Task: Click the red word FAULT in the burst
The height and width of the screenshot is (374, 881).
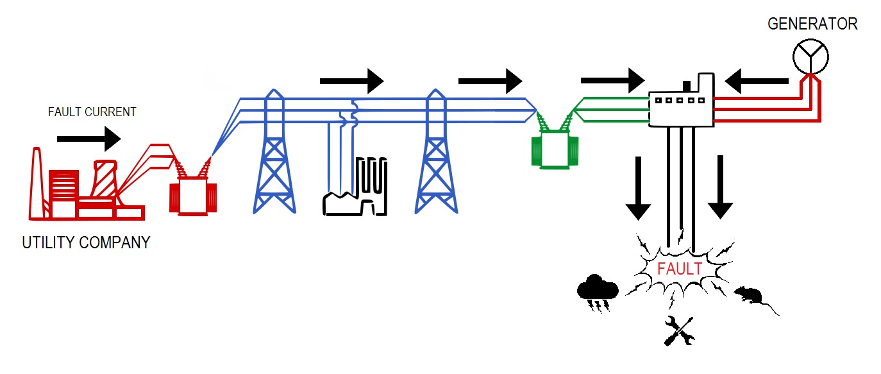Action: pos(680,269)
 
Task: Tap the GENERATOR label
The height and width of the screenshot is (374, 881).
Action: pos(812,24)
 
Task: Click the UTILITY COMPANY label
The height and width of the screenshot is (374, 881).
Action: pos(86,243)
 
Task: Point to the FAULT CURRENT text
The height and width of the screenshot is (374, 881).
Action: pos(92,112)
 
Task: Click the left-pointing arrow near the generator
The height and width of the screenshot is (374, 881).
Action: pos(757,81)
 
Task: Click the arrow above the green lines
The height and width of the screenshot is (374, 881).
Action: pos(612,80)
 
